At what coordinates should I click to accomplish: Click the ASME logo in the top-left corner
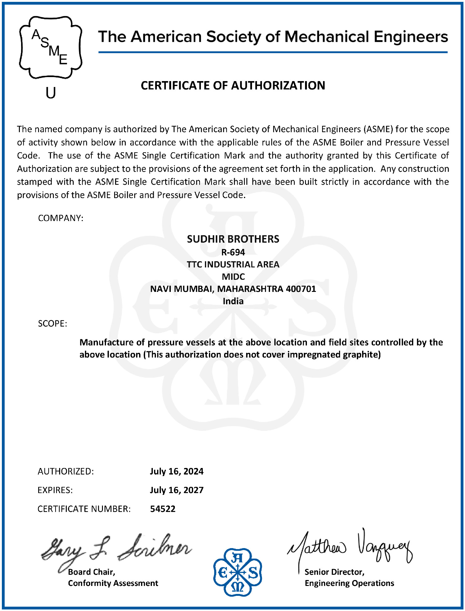[51, 47]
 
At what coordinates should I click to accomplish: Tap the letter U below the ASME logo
[51, 93]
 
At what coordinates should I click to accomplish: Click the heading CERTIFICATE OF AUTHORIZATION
[233, 86]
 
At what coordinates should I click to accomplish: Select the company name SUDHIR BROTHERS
[233, 239]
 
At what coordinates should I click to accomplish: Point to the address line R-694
[233, 252]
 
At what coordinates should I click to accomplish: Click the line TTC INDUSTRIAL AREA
[233, 264]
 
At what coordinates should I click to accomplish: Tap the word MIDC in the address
[233, 276]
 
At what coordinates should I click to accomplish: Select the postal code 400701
[301, 289]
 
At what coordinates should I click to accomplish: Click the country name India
[233, 301]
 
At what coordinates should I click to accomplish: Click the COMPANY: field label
[61, 218]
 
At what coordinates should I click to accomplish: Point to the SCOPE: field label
[52, 323]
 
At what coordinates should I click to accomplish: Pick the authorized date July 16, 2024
[177, 471]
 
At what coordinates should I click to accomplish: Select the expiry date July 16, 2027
[177, 490]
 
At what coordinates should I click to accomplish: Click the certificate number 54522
[163, 509]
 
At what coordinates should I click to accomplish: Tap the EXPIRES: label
[55, 490]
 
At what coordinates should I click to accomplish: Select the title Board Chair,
[91, 572]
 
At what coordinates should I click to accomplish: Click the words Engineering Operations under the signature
[349, 583]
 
